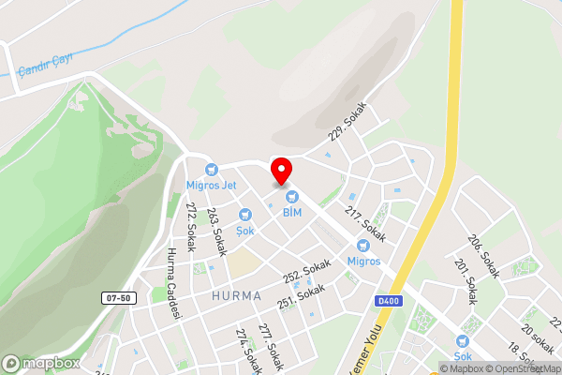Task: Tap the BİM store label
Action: (292, 213)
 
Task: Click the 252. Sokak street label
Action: (307, 270)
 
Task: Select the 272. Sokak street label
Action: (191, 221)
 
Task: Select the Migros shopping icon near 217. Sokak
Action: (363, 246)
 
